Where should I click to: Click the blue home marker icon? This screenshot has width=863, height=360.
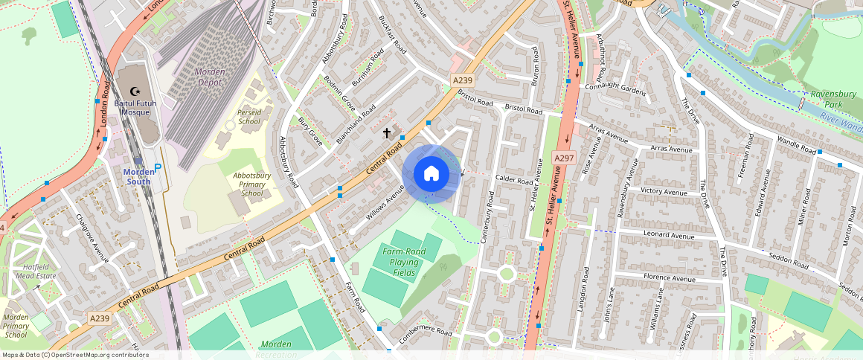point(431,174)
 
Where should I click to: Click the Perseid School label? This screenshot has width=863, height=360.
point(249,116)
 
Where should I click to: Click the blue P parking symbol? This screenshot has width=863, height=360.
point(157,170)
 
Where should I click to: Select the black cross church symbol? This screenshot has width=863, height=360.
point(386,133)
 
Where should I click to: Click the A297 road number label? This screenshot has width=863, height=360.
point(563,158)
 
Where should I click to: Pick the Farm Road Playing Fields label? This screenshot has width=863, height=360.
point(405,262)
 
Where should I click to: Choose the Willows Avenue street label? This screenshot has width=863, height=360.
point(384,203)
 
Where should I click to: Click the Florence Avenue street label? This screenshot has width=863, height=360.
point(669,279)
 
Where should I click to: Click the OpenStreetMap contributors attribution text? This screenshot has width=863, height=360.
point(75,355)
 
